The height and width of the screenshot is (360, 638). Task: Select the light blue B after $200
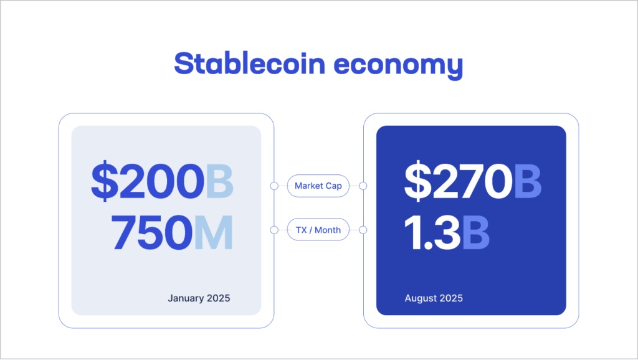[219, 182]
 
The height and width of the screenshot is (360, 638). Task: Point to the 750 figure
[151, 233]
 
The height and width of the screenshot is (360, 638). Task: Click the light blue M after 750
[214, 233]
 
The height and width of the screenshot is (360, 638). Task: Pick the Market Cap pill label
[318, 186]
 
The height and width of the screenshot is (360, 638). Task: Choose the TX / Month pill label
[318, 230]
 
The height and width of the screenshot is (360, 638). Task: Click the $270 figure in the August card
[458, 182]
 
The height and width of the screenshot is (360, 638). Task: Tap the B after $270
[528, 182]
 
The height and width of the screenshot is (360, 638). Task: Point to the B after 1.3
[475, 233]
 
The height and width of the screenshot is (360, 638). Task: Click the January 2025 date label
[199, 298]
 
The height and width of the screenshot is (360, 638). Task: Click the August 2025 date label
[434, 298]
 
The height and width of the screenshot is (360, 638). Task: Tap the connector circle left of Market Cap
[274, 186]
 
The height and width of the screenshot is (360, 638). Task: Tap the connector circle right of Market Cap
[363, 186]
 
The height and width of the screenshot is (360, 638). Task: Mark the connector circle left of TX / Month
[274, 230]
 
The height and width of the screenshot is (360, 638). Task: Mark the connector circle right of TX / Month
[363, 230]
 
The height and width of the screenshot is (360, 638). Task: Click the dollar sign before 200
[103, 182]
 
